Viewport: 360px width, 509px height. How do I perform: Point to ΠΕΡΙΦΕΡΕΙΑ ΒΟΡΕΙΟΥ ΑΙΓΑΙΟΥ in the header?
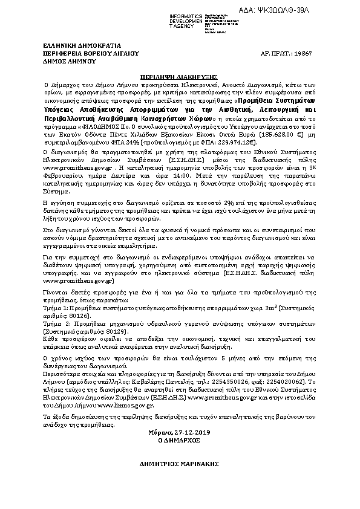[x=83, y=53]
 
